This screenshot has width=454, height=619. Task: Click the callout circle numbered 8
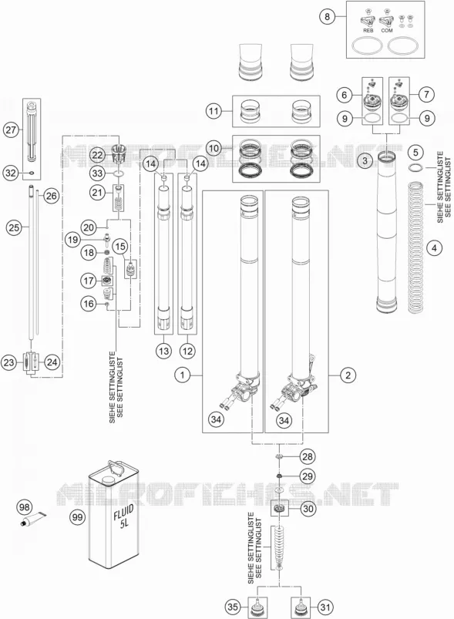(327, 17)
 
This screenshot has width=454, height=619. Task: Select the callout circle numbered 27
(11, 130)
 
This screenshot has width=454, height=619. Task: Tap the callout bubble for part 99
(77, 516)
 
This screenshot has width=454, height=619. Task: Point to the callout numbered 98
(25, 507)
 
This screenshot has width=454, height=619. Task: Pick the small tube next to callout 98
(33, 519)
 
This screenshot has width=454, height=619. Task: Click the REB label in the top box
(368, 30)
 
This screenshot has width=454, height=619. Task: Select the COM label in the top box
(387, 30)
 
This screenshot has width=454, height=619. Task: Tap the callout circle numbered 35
(234, 607)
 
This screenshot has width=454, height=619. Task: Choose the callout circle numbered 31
(325, 607)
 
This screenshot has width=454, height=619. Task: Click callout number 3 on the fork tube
(365, 160)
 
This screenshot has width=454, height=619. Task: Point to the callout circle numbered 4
(434, 248)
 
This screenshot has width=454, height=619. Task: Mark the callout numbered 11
(214, 111)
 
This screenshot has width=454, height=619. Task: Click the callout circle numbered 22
(98, 155)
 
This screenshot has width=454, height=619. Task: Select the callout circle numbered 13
(164, 351)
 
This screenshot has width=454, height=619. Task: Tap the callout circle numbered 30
(308, 509)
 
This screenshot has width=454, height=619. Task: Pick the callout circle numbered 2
(348, 375)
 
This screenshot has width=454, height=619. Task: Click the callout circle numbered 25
(14, 227)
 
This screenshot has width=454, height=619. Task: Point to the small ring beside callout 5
(415, 167)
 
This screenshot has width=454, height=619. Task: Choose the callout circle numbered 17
(89, 281)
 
